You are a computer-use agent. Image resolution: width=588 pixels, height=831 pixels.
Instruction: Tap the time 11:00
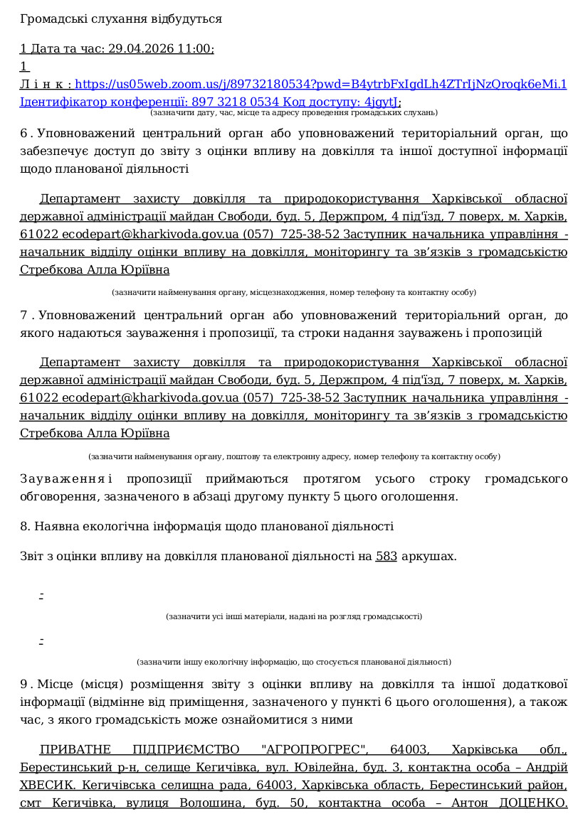[x=197, y=49]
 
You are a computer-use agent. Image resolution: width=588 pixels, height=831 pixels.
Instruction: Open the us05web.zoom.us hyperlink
[x=321, y=85]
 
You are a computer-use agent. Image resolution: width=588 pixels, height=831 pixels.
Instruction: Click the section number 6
[x=23, y=134]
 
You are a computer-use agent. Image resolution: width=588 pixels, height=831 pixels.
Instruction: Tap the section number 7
[x=23, y=315]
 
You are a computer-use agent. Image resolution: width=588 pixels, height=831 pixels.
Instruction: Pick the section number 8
[x=23, y=527]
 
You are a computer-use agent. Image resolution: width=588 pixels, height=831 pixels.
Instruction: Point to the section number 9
[x=23, y=685]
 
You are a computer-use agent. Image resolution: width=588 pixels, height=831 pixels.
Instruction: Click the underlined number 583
[x=386, y=557]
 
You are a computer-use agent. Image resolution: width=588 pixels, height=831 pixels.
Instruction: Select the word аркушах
[x=429, y=557]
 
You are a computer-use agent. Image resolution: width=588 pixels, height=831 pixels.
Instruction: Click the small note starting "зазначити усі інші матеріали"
[x=293, y=616]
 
